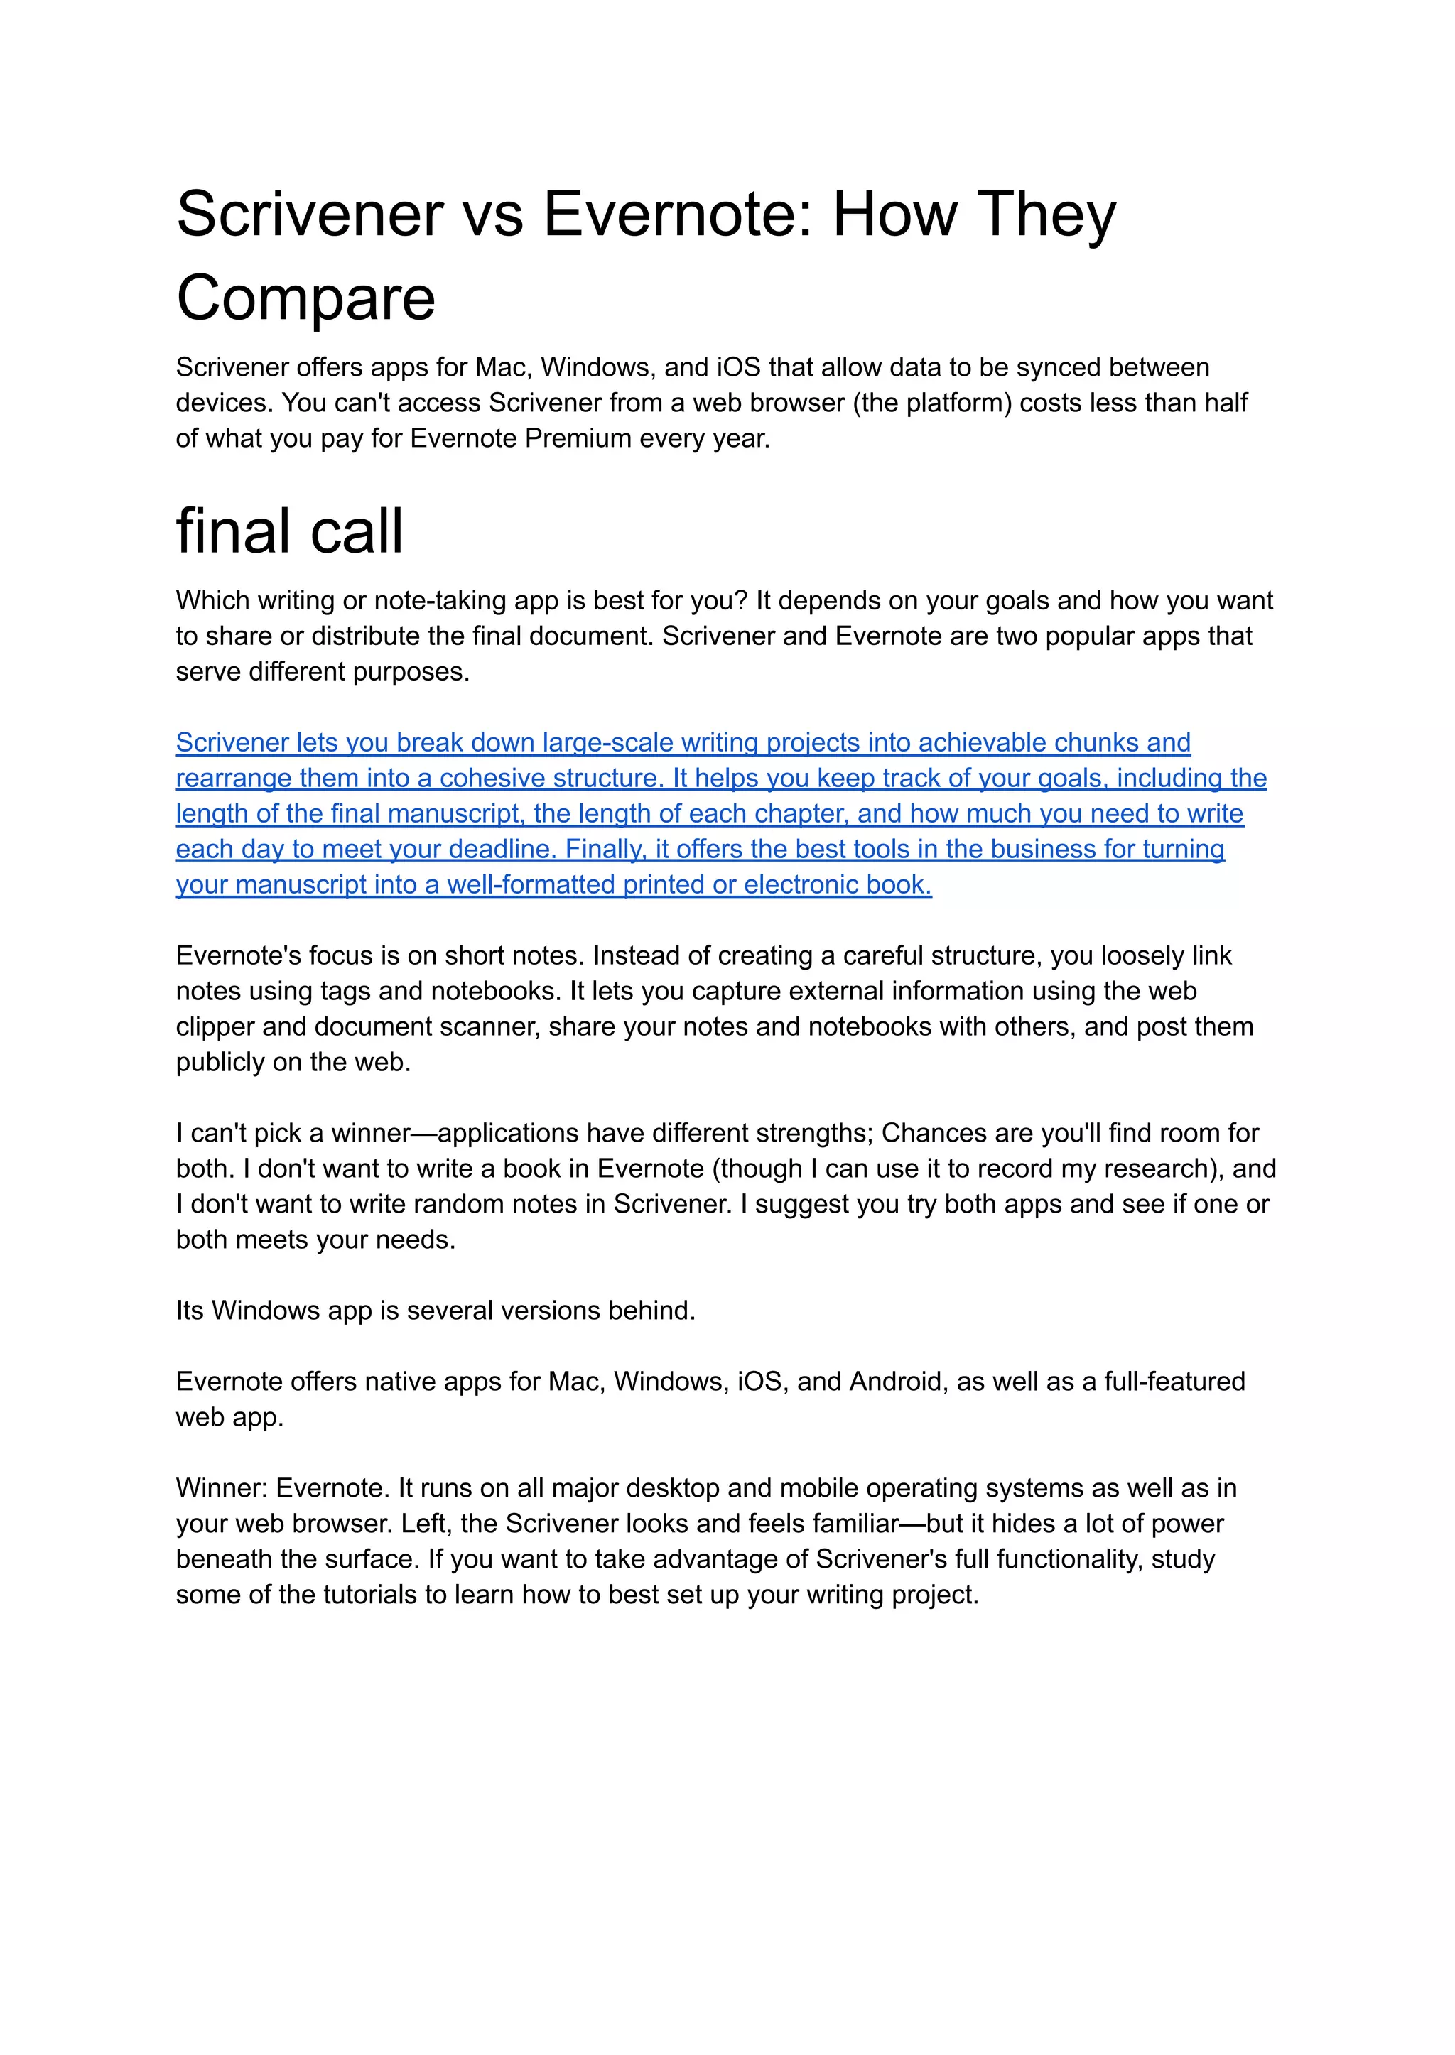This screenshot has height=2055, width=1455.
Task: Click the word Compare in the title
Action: pos(305,298)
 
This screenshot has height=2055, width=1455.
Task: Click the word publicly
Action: pos(220,1063)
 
